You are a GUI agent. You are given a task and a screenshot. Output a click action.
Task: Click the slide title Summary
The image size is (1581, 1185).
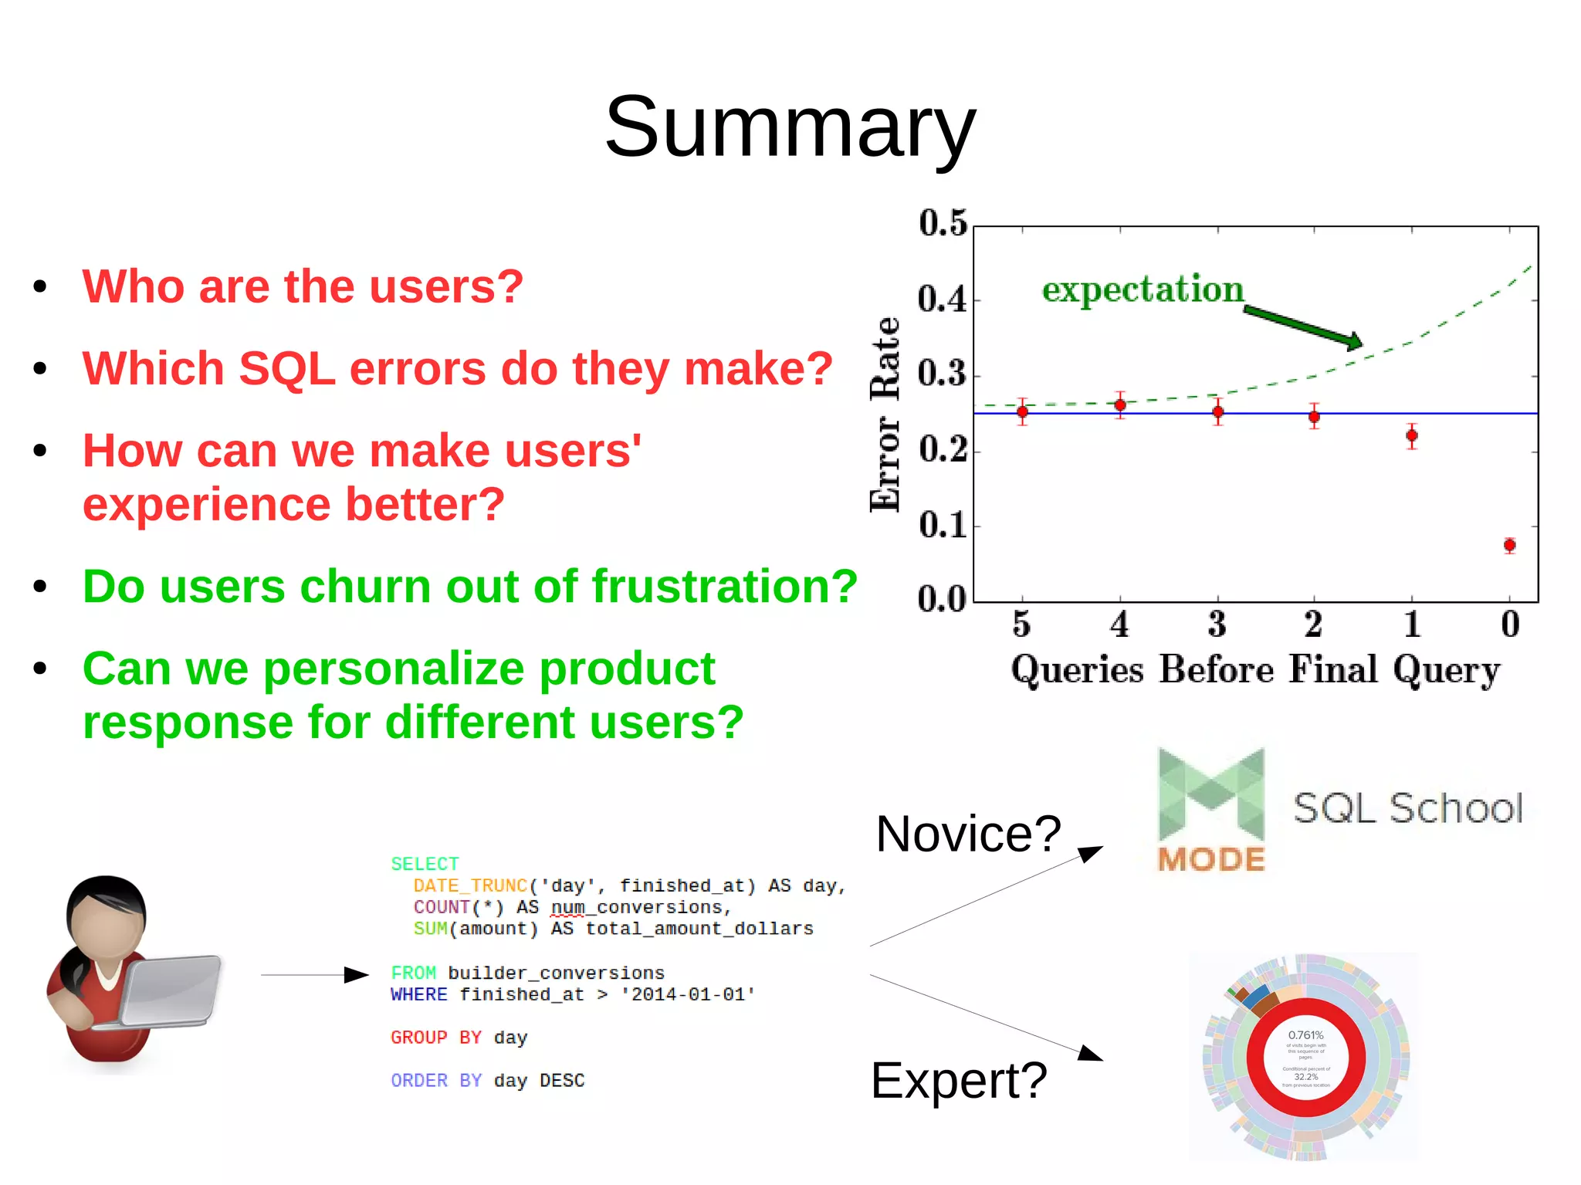pos(790,127)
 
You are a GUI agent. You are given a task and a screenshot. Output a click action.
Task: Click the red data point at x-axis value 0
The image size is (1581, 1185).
pos(1509,545)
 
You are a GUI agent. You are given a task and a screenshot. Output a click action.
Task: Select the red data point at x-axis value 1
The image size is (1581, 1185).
pos(1411,435)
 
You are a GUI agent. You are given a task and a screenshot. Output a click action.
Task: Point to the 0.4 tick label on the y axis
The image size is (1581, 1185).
pos(942,300)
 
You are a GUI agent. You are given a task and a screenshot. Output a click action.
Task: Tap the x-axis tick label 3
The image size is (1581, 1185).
pos(1217,624)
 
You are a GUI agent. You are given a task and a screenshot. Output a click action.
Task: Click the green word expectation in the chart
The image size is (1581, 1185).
pos(1143,289)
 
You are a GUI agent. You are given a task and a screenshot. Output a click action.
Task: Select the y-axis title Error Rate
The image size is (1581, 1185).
pos(885,415)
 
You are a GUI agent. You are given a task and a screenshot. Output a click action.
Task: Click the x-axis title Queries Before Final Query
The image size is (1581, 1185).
pos(1255,669)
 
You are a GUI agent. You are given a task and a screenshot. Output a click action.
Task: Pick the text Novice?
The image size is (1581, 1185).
pos(968,834)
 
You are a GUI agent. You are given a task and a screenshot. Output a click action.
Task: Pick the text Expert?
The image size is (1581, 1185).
pos(959,1080)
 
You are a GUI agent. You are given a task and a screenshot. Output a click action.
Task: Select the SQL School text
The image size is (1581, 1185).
pos(1407,808)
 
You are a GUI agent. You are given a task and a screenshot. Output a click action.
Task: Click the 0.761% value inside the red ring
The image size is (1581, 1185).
pos(1305,1035)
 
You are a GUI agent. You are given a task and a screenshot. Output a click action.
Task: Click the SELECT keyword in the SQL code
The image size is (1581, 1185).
pos(425,864)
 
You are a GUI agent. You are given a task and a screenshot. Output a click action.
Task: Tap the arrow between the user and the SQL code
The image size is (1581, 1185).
pos(314,975)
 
